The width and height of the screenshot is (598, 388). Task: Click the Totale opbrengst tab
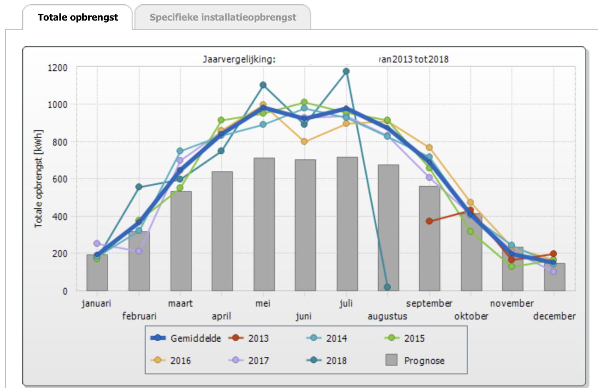pos(78,18)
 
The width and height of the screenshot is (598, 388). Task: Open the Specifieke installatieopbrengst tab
pos(223,18)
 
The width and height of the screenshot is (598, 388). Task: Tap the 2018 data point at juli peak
pos(346,71)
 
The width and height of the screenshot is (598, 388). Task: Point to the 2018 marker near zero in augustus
pos(387,287)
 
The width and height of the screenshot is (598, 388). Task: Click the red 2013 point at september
pos(429,221)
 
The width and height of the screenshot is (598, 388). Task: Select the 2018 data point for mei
pos(263,85)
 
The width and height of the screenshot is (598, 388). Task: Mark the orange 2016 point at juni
pos(304,141)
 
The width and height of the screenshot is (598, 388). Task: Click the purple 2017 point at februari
pos(139,251)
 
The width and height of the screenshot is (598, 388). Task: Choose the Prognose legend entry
pos(416,361)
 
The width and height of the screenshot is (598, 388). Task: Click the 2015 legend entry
pos(405,338)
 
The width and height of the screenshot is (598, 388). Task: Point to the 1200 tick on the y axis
pos(57,68)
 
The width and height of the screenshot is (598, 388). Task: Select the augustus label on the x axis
pos(387,316)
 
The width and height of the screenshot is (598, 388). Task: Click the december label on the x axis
pos(554,316)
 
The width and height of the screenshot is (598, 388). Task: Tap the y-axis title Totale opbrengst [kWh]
pos(39,179)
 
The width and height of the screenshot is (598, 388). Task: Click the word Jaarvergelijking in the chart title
pos(239,59)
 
